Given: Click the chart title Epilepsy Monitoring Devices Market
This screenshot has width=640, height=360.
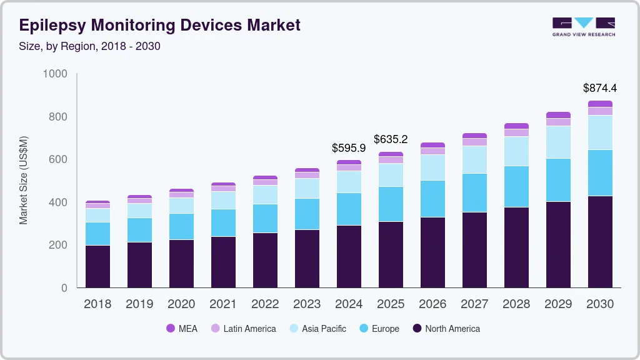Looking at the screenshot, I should coord(160,25).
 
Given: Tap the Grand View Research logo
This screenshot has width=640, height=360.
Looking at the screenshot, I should coord(583,26).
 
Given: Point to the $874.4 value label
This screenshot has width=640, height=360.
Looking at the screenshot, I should coord(600,88).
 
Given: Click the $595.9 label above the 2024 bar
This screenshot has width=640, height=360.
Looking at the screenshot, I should coord(349,148).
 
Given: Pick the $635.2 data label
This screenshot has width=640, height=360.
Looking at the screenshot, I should coord(391,139).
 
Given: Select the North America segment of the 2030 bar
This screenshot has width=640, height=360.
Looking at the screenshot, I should coord(600,242).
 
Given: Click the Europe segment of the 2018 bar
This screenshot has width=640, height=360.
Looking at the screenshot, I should coord(97,234).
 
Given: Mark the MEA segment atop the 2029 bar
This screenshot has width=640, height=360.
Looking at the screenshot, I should coord(558,115).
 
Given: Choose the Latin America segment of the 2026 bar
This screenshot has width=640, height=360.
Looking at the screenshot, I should coord(432,151).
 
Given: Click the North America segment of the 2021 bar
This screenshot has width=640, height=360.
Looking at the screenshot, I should coord(223,262).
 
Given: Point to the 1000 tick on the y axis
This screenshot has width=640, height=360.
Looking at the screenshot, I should coord(55,74).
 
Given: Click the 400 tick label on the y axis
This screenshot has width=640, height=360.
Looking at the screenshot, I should coord(58,202).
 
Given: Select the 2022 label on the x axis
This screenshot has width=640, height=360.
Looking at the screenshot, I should coord(265,304).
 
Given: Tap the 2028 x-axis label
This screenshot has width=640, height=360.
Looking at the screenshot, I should coord(516,304).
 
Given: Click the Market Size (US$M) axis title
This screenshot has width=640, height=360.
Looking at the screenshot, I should coord(24,180).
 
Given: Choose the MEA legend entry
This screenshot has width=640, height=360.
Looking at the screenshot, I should coord(182,329).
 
